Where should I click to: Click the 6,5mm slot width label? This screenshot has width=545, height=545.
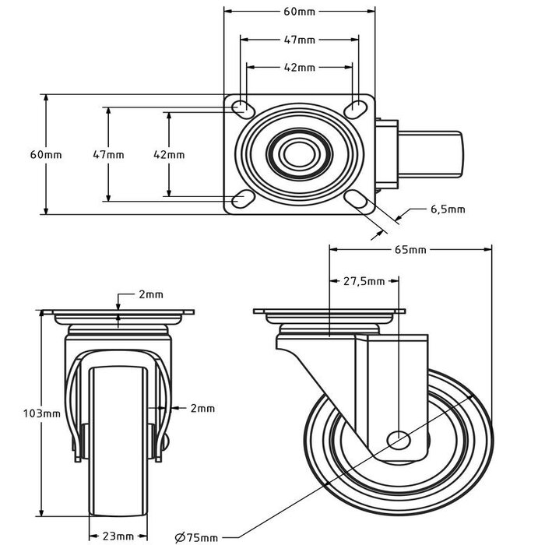pyautogui.click(x=448, y=209)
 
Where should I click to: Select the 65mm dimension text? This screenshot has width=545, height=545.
pyautogui.click(x=410, y=250)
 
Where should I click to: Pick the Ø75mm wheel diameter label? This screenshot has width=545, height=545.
pyautogui.click(x=197, y=536)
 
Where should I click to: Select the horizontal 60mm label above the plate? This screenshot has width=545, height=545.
pyautogui.click(x=300, y=12)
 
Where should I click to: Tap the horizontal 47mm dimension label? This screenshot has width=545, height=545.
pyautogui.click(x=300, y=40)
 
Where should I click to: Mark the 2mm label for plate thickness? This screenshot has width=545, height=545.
pyautogui.click(x=151, y=294)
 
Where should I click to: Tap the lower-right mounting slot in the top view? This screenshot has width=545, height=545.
pyautogui.click(x=357, y=202)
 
